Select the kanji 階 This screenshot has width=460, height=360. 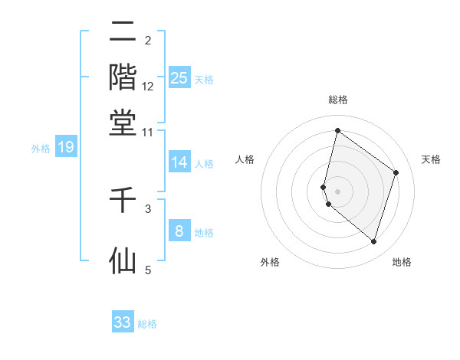tap(123, 77)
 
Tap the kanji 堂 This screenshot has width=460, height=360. tap(123, 123)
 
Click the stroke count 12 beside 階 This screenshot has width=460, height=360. tap(149, 87)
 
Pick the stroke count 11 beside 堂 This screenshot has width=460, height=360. tap(149, 132)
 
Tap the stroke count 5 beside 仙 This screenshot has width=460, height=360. tap(149, 270)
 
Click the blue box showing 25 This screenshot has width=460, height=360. tap(179, 77)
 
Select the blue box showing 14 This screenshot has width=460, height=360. tap(179, 162)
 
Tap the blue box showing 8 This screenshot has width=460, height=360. tap(179, 231)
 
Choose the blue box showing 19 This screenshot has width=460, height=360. tap(66, 147)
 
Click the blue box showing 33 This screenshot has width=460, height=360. tap(123, 322)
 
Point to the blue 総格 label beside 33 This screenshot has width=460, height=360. tap(147, 324)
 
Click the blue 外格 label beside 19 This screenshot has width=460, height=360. tap(41, 149)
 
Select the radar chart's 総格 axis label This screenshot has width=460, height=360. tap(337, 100)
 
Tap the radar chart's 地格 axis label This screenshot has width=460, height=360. tap(402, 262)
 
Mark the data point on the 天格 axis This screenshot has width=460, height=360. tap(396, 172)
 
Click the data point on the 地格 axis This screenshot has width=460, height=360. tap(373, 241)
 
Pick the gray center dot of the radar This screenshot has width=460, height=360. tap(337, 191)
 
